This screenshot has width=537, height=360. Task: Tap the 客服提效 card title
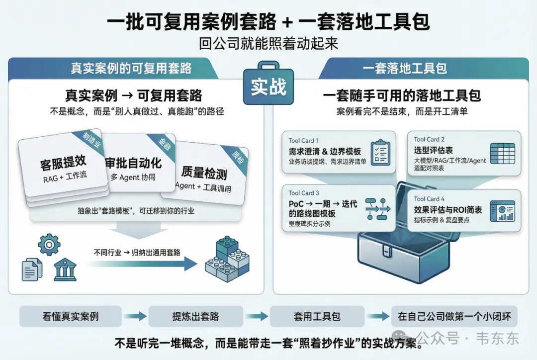coord(63,162)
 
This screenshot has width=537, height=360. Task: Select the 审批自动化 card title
coord(133,163)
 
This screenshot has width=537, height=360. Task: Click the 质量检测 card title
coord(204,173)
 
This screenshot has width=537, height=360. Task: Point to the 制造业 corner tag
coord(90,140)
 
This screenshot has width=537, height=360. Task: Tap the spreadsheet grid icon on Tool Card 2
coord(502,153)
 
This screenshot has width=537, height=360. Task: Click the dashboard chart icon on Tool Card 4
coord(502,210)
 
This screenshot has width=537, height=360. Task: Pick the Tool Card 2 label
coord(429,140)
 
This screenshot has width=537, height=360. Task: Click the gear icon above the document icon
coord(49,245)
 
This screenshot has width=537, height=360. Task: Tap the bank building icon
coord(65,269)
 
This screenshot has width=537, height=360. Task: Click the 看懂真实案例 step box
coord(71,316)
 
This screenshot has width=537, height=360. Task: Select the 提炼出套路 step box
coord(195,316)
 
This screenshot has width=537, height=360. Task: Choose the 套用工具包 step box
coord(317,316)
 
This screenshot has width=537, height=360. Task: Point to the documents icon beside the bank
coord(32,269)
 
